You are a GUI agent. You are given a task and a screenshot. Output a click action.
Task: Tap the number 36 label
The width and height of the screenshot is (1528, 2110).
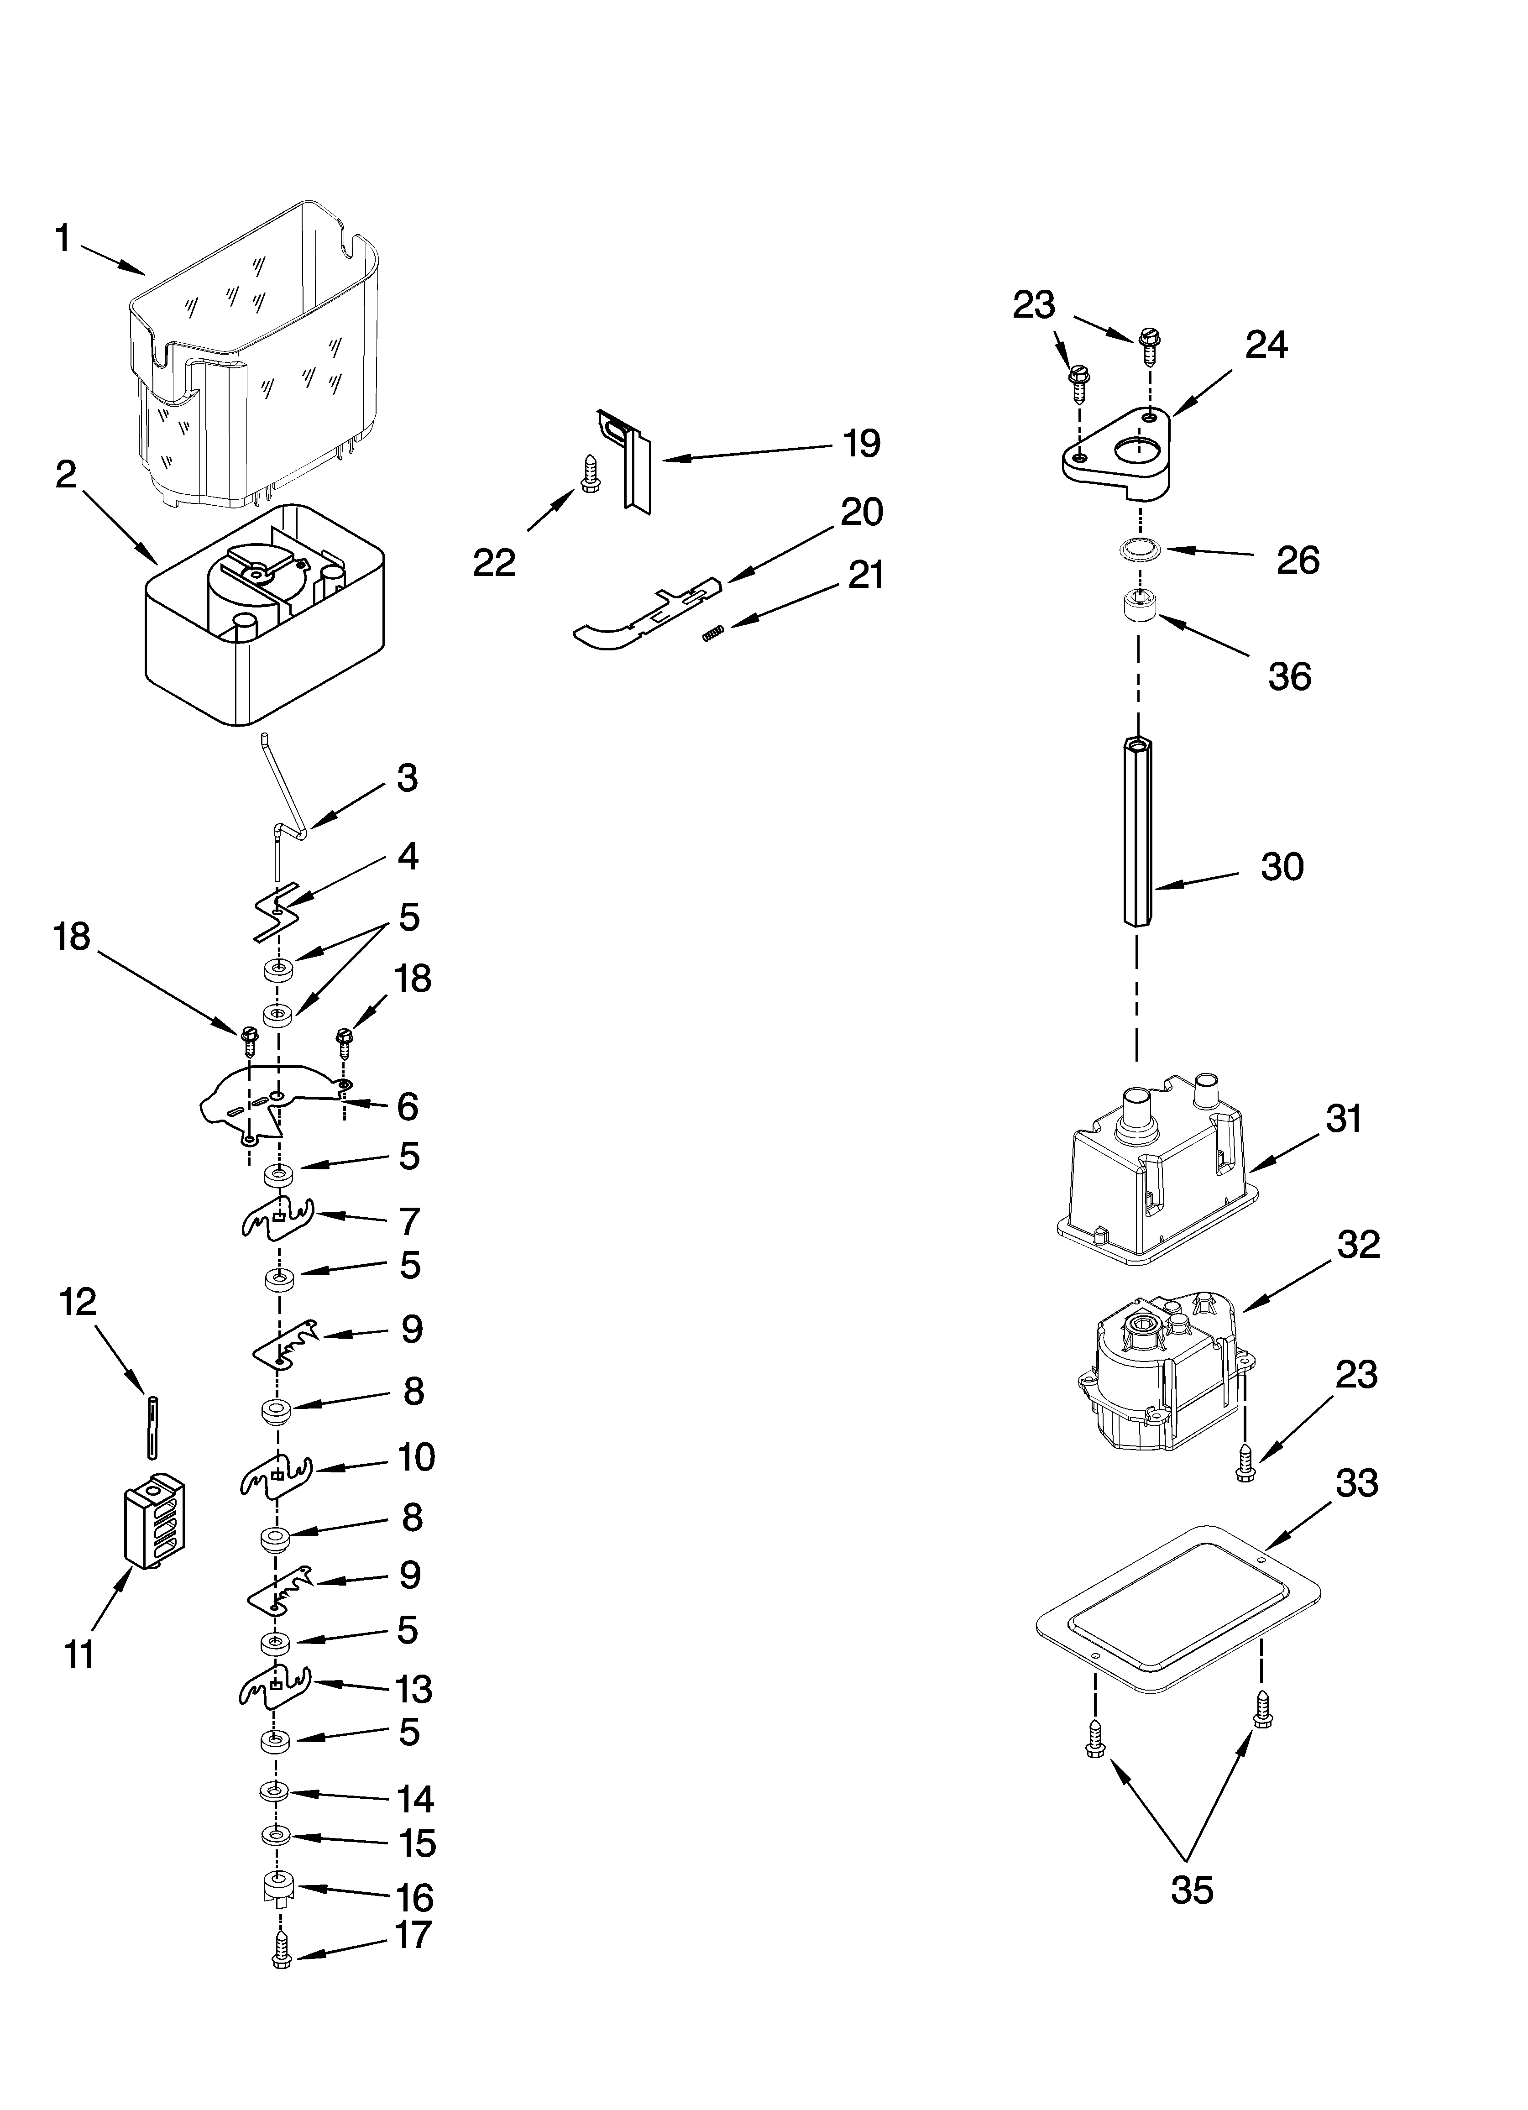tap(1289, 676)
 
